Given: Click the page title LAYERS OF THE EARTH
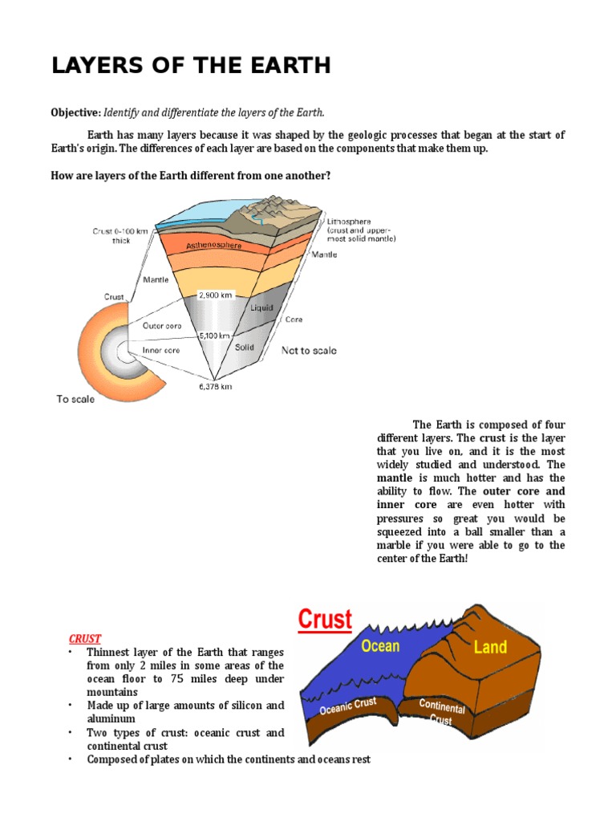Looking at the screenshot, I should click(x=191, y=66).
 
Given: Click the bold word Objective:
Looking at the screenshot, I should click(x=76, y=112).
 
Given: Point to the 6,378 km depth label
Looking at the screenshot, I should click(x=215, y=386).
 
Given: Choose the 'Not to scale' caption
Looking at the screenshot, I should click(x=309, y=351).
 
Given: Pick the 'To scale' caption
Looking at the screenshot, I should click(x=75, y=399).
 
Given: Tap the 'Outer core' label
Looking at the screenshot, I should click(x=162, y=326).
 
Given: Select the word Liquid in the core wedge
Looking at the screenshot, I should click(x=261, y=307).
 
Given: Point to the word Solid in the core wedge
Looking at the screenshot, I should click(x=245, y=348).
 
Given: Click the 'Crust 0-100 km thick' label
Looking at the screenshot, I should click(x=120, y=235).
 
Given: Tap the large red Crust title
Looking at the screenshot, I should click(x=325, y=620).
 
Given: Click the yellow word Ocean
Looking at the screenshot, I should click(x=379, y=646).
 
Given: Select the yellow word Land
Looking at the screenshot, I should click(x=490, y=647).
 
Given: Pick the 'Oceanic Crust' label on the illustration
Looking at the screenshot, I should click(x=348, y=706).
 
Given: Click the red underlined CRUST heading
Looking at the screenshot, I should click(x=84, y=638).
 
